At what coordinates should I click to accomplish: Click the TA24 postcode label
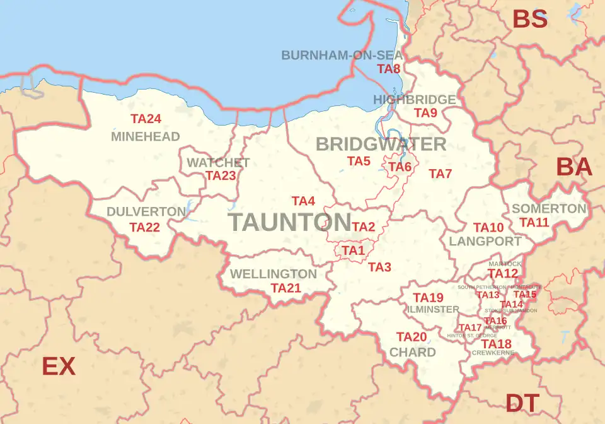(146, 119)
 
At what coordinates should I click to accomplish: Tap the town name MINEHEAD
(146, 136)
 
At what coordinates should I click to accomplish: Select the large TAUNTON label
(289, 222)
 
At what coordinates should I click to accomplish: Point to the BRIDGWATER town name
(381, 144)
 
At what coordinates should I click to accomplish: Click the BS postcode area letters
(529, 20)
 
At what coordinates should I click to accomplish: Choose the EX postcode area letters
(59, 367)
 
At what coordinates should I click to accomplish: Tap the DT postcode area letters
(522, 403)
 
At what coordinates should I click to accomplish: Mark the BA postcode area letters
(573, 168)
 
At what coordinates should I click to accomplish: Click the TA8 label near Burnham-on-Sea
(389, 69)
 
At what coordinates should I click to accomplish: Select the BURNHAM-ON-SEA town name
(342, 55)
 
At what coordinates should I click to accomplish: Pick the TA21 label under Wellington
(286, 288)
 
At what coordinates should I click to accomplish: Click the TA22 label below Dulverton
(144, 227)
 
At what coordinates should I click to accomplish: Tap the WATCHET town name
(218, 163)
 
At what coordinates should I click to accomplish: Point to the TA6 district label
(400, 167)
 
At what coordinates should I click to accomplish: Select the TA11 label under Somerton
(534, 222)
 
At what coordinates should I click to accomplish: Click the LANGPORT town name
(485, 241)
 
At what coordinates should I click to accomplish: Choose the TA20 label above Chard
(412, 337)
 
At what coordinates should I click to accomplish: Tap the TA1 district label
(354, 250)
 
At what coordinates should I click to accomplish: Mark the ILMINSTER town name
(433, 310)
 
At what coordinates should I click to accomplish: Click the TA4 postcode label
(303, 201)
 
